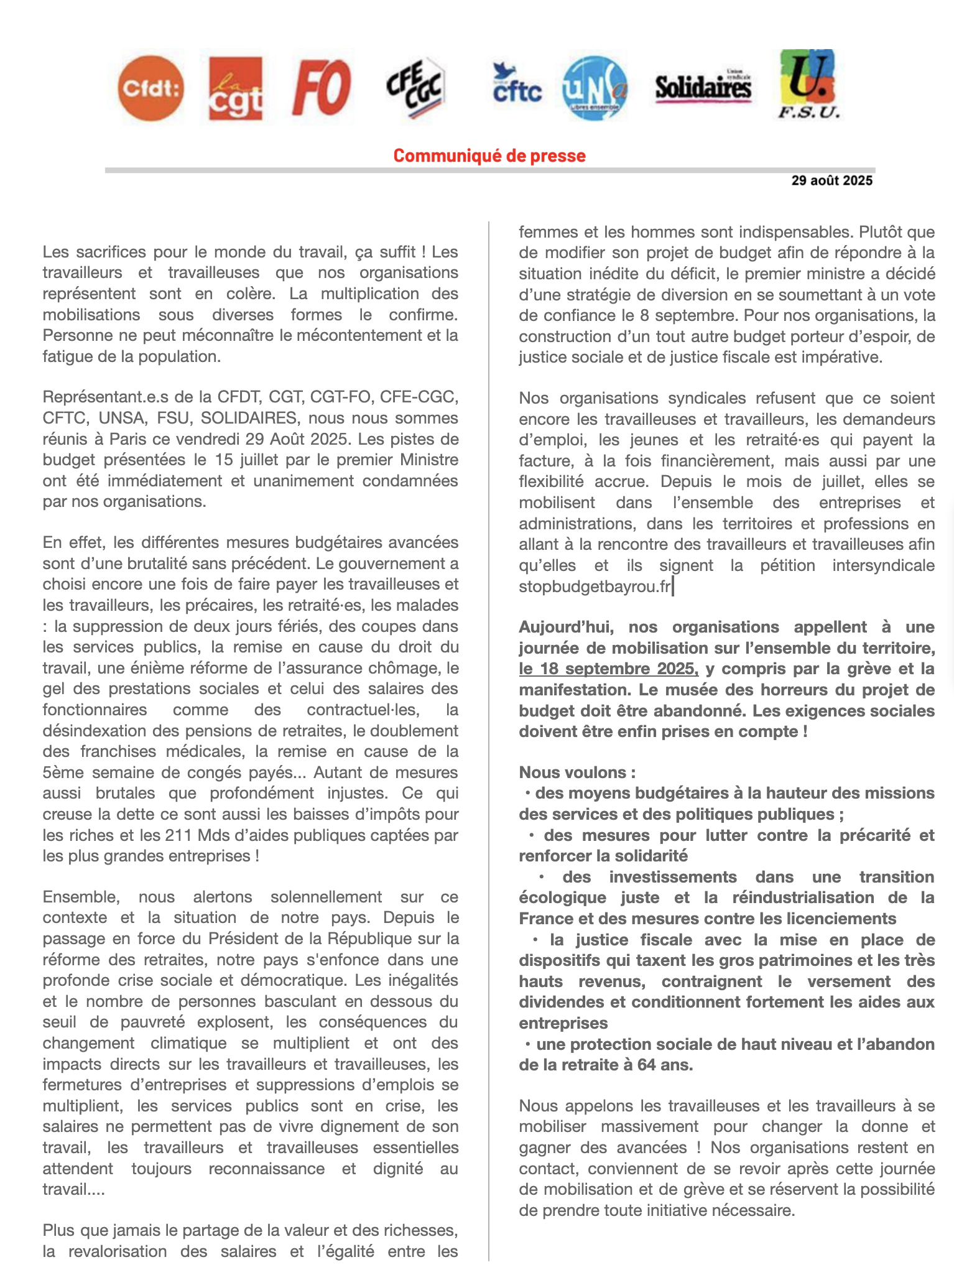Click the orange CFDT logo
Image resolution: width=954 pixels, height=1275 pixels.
pos(151,88)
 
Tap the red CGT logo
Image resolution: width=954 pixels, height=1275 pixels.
pos(235,88)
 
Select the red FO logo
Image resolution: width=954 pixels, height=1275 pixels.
pos(321,88)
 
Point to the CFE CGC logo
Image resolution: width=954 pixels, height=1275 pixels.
pos(415,88)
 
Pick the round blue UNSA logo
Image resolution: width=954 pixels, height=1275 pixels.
pos(594,88)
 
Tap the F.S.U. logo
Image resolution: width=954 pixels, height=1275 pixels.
pos(808,84)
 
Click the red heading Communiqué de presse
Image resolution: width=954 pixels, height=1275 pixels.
pos(489,155)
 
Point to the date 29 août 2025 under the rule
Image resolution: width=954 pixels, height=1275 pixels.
pos(831,181)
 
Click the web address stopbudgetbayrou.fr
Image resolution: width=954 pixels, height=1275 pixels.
pos(595,586)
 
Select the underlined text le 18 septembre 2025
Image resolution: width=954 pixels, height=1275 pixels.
pos(608,669)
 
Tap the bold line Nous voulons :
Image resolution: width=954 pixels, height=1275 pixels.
pos(577,772)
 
